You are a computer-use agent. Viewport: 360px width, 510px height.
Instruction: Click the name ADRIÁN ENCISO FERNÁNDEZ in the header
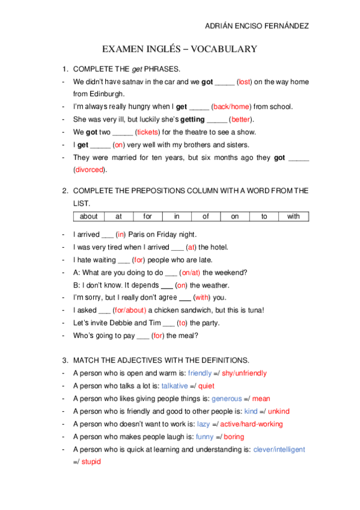(257, 26)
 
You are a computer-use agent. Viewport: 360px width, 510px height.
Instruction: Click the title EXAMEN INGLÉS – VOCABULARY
(180, 49)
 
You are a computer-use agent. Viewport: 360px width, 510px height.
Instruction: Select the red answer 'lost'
(245, 82)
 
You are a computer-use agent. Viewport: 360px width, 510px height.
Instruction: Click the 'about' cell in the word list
(88, 217)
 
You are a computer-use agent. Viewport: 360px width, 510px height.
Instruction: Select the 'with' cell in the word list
(293, 217)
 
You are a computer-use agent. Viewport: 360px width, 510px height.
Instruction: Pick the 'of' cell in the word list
(206, 217)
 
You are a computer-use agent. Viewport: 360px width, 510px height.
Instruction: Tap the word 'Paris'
(139, 235)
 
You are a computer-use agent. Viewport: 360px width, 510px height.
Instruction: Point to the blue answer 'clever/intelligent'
(279, 449)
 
